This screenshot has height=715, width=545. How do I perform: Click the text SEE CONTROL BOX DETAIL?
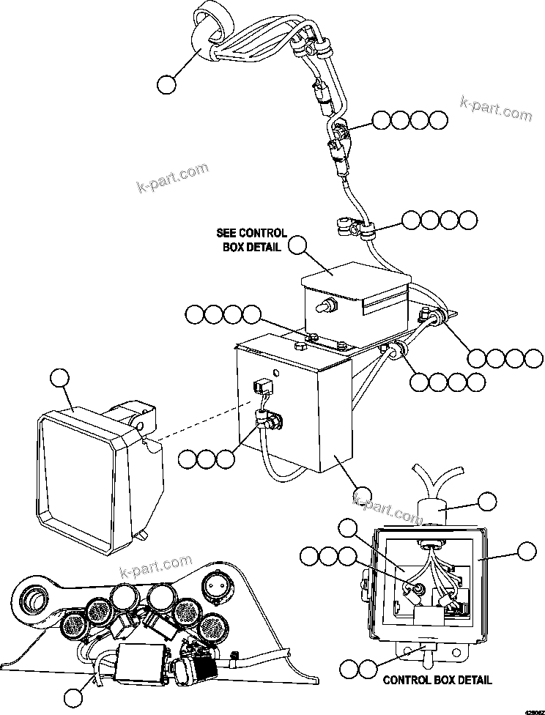[251, 240]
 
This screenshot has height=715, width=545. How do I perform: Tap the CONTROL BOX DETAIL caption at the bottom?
[437, 680]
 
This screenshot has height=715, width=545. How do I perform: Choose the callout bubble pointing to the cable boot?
[487, 502]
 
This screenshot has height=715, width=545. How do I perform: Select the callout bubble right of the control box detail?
[526, 552]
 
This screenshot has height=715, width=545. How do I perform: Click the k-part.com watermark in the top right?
[497, 109]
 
